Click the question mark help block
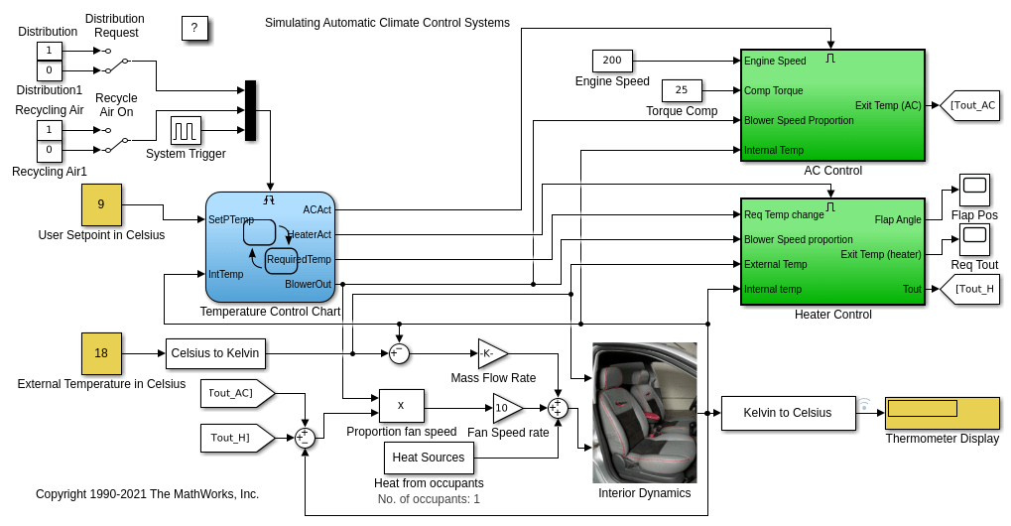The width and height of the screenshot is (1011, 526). click(194, 28)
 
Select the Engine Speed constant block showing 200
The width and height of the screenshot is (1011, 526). click(612, 61)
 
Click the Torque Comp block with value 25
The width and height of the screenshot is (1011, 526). click(682, 90)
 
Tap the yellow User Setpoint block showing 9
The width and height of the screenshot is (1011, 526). click(101, 204)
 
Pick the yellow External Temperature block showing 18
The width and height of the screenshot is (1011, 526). click(101, 353)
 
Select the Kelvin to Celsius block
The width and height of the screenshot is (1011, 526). click(788, 413)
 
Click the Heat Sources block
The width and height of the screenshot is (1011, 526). click(429, 458)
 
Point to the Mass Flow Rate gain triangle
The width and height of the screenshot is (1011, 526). click(491, 353)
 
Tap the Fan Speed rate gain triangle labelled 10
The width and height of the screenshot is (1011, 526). click(506, 408)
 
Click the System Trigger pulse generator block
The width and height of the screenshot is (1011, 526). click(186, 130)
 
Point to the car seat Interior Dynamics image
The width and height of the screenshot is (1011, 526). click(644, 412)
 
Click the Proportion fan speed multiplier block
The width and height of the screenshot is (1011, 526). click(401, 405)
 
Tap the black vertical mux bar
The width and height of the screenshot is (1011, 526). click(250, 110)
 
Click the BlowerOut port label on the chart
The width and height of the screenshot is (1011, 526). click(308, 284)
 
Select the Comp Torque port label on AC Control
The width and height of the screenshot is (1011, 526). click(774, 90)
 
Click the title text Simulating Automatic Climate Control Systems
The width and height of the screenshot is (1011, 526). click(387, 23)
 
